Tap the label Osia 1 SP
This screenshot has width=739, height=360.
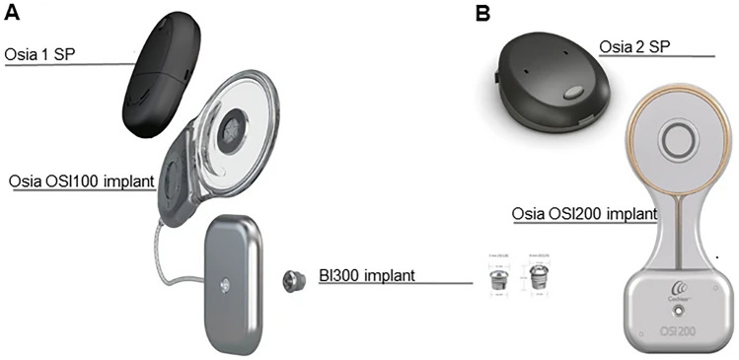[x=40, y=54]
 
